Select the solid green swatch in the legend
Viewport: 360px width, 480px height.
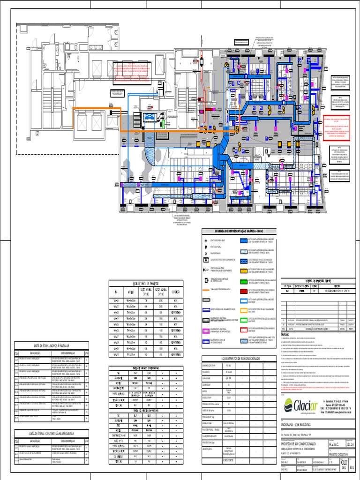coord(244,281)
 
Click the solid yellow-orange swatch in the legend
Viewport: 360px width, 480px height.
coord(244,271)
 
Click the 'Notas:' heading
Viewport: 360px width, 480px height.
coord(286,335)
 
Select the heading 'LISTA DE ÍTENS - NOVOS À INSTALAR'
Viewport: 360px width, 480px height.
coord(48,345)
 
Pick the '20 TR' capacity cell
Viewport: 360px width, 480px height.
coord(228,377)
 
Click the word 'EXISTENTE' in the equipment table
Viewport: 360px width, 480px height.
coord(228,460)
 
